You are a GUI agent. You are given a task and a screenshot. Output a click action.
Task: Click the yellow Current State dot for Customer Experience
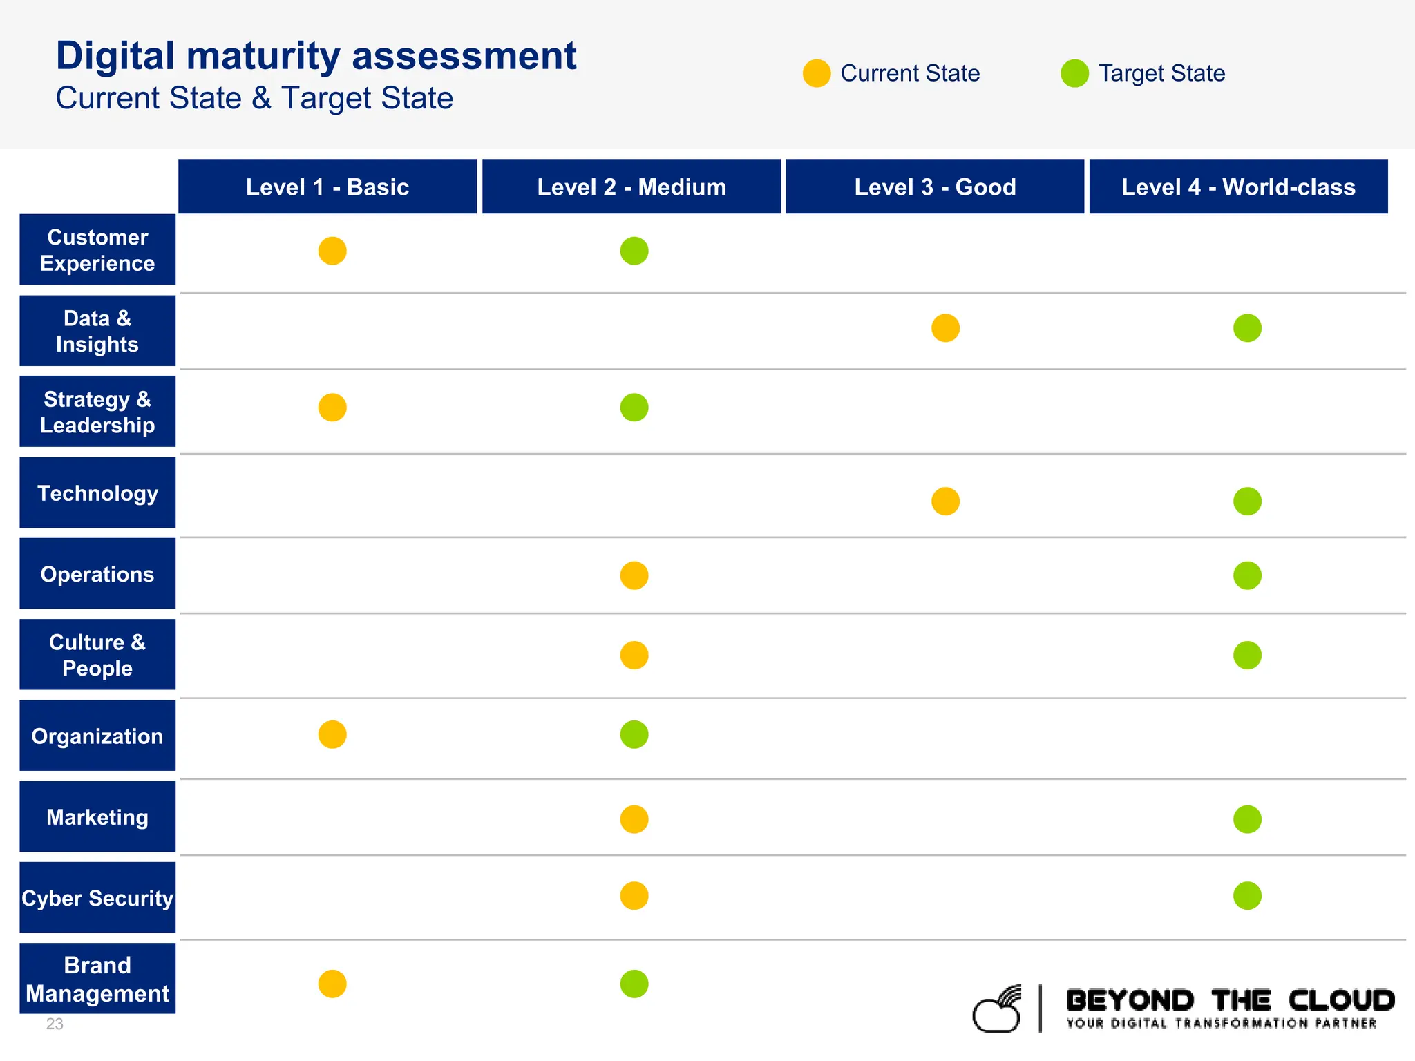(x=332, y=251)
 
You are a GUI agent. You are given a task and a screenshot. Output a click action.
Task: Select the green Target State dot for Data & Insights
(x=1247, y=328)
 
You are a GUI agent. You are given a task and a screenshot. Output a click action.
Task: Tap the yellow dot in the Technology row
(x=945, y=501)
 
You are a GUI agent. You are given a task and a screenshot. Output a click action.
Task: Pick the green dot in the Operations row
(x=1247, y=575)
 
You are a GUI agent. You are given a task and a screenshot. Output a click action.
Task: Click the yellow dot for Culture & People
(x=634, y=656)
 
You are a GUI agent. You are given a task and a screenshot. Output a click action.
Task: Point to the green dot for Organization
(x=634, y=735)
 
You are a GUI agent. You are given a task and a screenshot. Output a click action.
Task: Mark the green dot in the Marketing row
(x=1247, y=819)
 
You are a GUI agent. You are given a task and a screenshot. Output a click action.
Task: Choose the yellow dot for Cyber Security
(x=634, y=896)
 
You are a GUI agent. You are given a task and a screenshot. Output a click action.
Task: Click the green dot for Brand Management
(x=634, y=984)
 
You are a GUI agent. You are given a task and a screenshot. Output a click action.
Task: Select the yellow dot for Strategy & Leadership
(x=332, y=408)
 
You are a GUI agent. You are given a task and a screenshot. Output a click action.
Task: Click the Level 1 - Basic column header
(x=327, y=187)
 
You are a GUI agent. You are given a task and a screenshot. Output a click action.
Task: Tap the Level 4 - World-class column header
(x=1238, y=187)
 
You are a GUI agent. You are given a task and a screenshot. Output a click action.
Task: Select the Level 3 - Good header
(x=935, y=187)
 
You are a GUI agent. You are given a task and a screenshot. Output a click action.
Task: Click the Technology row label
(x=97, y=493)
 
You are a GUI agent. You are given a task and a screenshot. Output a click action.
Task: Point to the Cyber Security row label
(x=97, y=898)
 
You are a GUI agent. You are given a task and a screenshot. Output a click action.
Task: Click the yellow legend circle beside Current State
(x=817, y=73)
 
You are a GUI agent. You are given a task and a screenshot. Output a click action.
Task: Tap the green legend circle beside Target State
(x=1074, y=73)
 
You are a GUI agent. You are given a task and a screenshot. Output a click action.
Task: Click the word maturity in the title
(x=264, y=57)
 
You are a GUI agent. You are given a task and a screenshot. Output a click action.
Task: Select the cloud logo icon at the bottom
(x=998, y=1010)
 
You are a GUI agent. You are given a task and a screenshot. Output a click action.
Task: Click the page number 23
(x=55, y=1024)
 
